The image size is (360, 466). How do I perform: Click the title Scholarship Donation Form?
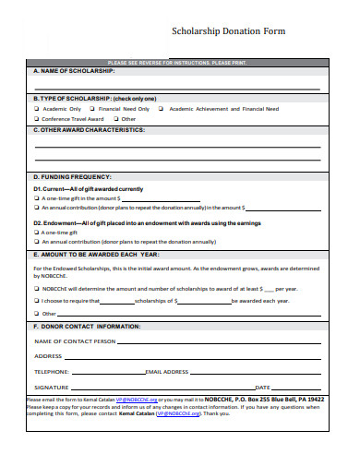pos(229,30)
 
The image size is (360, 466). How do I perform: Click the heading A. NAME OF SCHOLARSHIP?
pos(74,70)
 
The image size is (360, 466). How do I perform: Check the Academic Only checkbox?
pos(37,108)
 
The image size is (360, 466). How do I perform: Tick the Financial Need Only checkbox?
pos(90,108)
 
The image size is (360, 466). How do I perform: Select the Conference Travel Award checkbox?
pos(37,119)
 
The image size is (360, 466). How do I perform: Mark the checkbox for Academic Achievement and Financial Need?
pos(161,108)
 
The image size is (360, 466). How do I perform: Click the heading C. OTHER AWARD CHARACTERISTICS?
pos(89,130)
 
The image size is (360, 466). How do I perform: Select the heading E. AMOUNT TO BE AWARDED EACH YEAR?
pos(97,253)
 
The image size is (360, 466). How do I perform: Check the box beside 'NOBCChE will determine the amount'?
pos(37,288)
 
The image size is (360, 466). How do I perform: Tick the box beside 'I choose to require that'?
pos(37,300)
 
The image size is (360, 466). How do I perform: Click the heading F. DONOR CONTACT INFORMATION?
pos(87,327)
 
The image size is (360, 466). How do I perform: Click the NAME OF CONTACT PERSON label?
pos(75,341)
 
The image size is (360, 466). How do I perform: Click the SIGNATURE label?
pos(52,387)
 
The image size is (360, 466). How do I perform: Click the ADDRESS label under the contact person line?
pos(48,356)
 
